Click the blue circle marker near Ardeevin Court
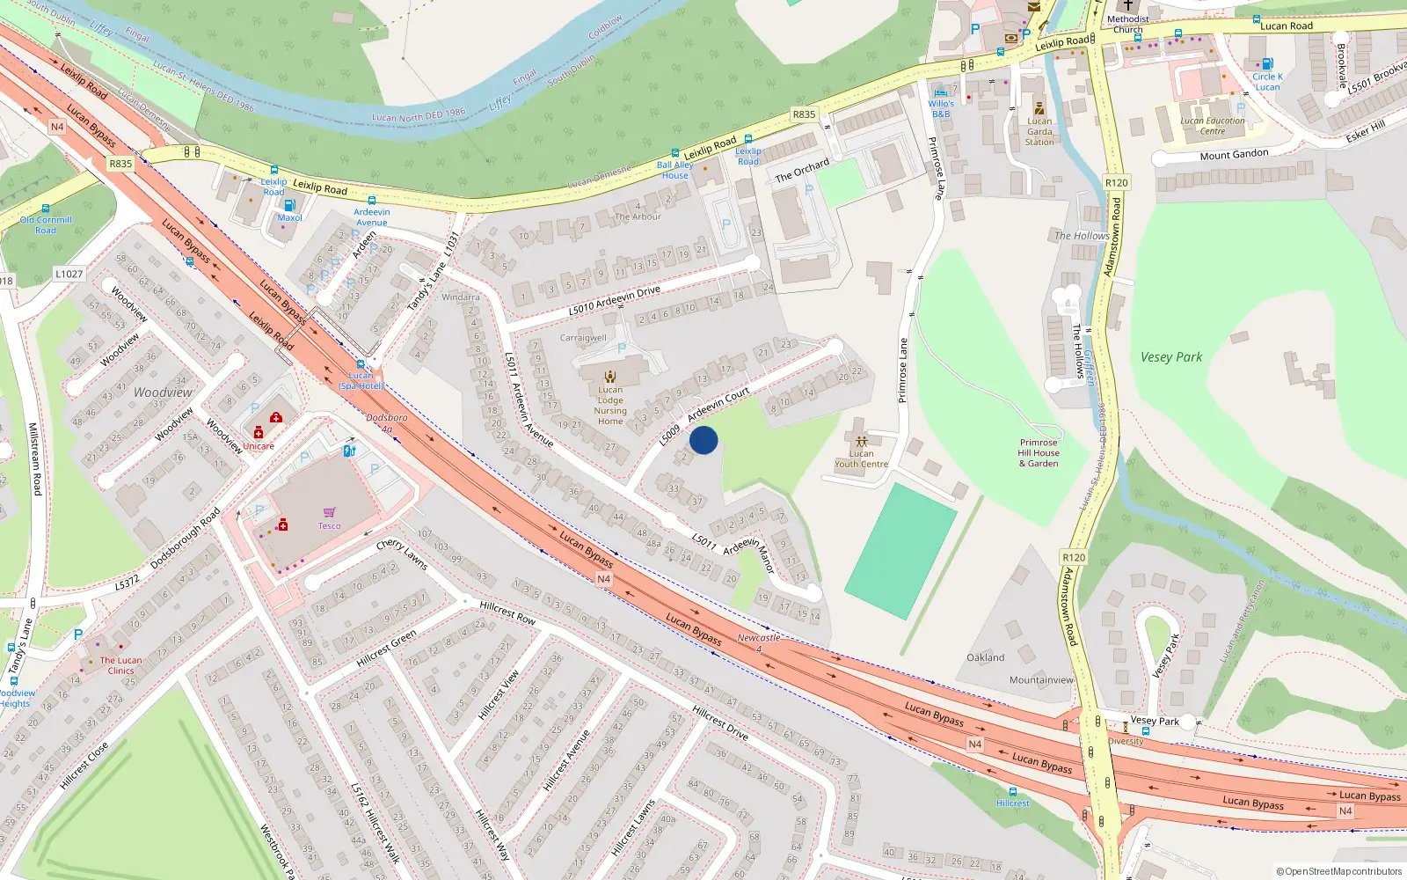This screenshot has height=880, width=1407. pyautogui.click(x=703, y=440)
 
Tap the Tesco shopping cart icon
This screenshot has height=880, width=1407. pyautogui.click(x=330, y=512)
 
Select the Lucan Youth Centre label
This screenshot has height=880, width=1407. pyautogui.click(x=861, y=458)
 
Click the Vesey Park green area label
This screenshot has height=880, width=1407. pyautogui.click(x=1170, y=357)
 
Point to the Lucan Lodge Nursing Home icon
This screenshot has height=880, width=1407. pyautogui.click(x=610, y=377)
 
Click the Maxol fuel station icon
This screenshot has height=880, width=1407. pyautogui.click(x=289, y=205)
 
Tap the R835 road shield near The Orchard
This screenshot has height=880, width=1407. pyautogui.click(x=804, y=114)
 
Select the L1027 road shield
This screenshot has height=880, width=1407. pyautogui.click(x=69, y=274)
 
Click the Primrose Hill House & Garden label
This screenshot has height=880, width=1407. pyautogui.click(x=1039, y=453)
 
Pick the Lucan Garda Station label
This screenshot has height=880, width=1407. pyautogui.click(x=1039, y=132)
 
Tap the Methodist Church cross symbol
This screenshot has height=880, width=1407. pyautogui.click(x=1128, y=5)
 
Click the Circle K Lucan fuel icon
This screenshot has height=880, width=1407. pyautogui.click(x=1267, y=63)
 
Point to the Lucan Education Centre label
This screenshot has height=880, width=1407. pyautogui.click(x=1213, y=126)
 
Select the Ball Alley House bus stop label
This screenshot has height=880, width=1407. pyautogui.click(x=675, y=170)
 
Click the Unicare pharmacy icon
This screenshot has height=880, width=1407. pyautogui.click(x=259, y=433)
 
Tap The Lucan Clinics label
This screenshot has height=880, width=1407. pyautogui.click(x=120, y=665)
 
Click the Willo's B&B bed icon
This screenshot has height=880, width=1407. pyautogui.click(x=941, y=92)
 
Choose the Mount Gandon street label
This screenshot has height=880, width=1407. pyautogui.click(x=1234, y=155)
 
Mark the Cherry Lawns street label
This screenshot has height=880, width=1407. pyautogui.click(x=402, y=554)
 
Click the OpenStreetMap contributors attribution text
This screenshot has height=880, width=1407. pyautogui.click(x=1338, y=871)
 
